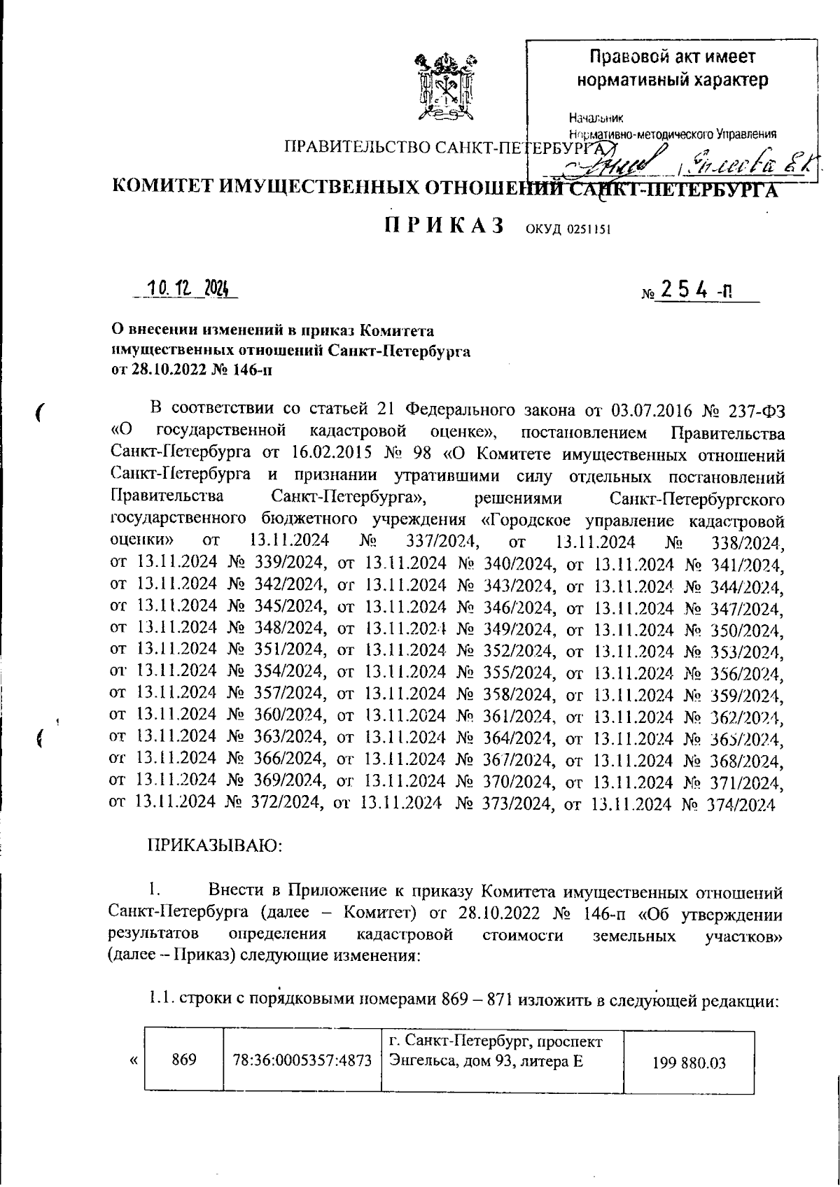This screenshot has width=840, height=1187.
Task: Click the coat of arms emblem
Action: click(444, 85)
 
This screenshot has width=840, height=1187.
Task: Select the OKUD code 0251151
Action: click(566, 230)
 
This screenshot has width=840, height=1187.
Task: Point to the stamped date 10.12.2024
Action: click(188, 289)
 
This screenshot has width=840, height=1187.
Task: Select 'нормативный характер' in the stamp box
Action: click(672, 80)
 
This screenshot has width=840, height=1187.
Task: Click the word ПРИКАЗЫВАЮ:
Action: click(214, 846)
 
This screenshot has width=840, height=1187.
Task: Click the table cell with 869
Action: click(183, 1060)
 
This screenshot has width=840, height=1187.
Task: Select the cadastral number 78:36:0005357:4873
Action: click(302, 1061)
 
